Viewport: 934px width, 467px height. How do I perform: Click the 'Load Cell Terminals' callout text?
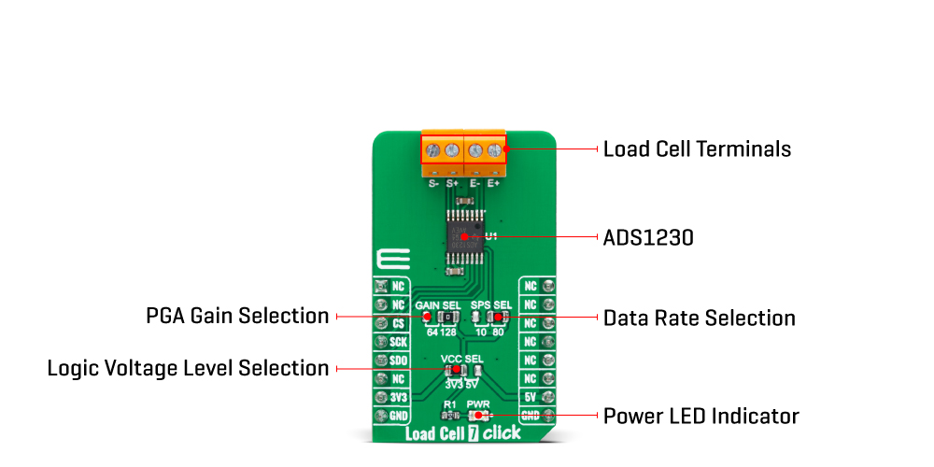click(x=697, y=149)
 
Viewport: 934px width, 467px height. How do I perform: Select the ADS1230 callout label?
click(x=648, y=238)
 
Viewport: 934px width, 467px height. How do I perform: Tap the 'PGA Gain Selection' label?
click(x=237, y=316)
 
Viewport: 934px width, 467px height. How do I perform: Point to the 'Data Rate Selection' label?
click(x=700, y=318)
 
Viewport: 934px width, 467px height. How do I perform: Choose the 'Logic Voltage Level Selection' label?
click(x=188, y=368)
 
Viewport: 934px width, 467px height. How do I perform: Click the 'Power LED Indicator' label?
click(x=700, y=416)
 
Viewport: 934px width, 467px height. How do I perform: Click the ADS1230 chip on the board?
click(x=464, y=237)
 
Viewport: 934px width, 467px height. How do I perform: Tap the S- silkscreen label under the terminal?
click(x=433, y=184)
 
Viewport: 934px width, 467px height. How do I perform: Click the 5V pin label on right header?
click(x=531, y=397)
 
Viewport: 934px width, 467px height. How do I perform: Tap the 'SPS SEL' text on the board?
click(x=492, y=305)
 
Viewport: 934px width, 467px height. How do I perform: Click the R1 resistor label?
click(x=449, y=404)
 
